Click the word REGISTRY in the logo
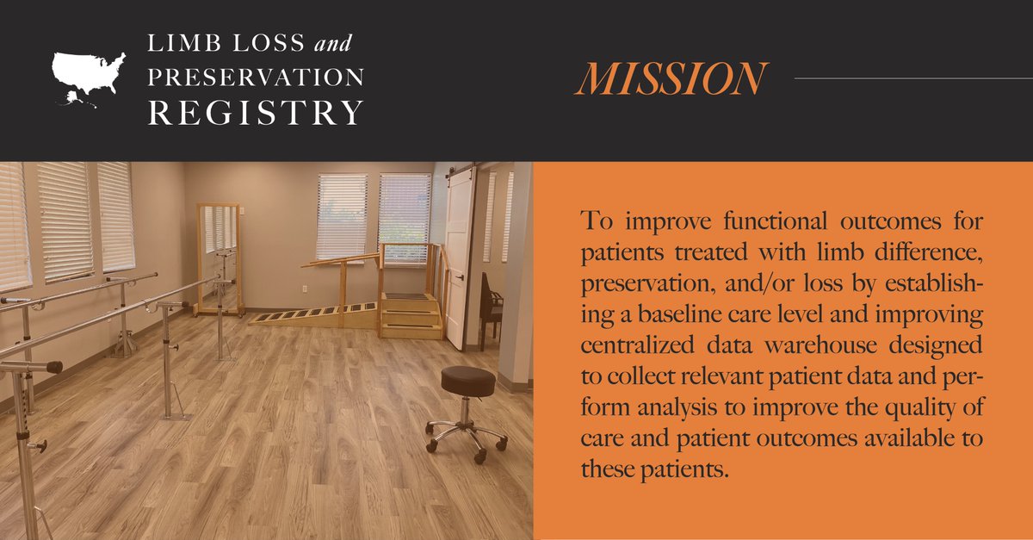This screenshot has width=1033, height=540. click(x=255, y=113)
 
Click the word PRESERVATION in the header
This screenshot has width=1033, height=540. click(x=255, y=77)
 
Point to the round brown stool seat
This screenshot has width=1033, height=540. click(x=467, y=380)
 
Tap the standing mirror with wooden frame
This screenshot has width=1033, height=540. click(x=220, y=258)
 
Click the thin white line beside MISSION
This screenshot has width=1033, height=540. click(x=912, y=78)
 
